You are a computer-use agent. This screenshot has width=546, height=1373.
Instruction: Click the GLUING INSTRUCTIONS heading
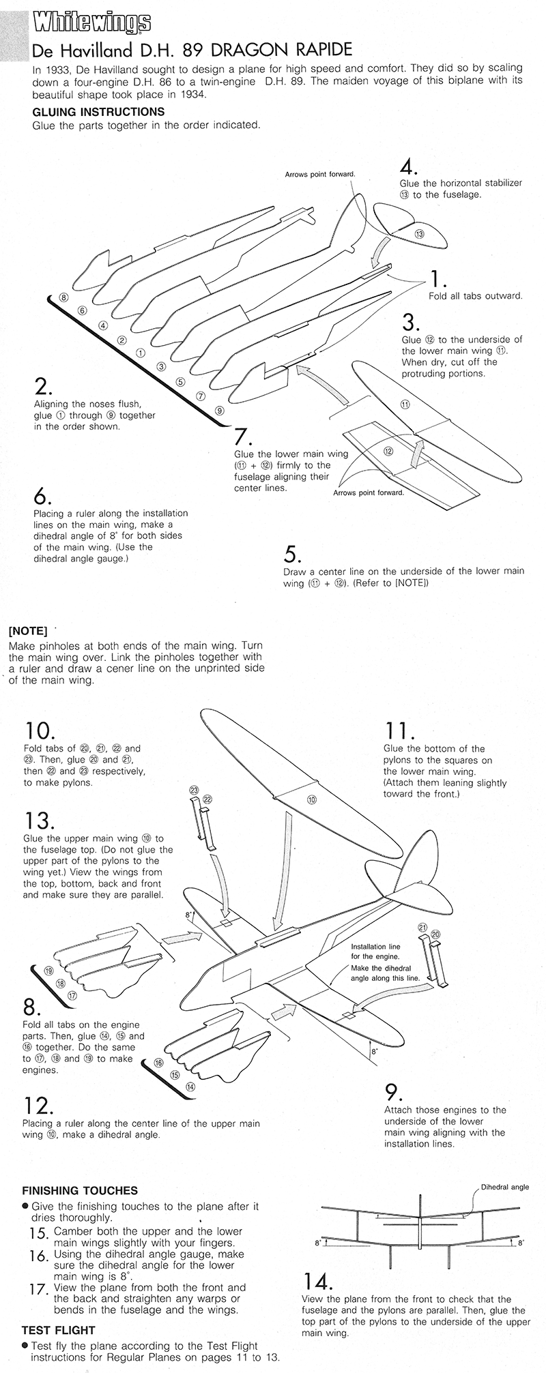[98, 112]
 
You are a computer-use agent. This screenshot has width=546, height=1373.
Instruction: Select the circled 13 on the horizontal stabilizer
[419, 234]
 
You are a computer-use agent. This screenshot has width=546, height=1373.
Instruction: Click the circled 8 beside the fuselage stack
[63, 297]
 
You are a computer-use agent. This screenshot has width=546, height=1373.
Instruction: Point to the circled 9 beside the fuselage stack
[218, 411]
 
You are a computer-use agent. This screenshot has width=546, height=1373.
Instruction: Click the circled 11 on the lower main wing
[404, 404]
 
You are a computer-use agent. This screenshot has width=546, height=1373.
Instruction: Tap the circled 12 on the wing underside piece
[388, 451]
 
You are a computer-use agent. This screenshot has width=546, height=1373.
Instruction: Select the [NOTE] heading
[27, 630]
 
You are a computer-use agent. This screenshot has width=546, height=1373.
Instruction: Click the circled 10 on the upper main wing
[311, 799]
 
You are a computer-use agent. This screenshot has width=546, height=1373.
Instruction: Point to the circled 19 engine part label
[48, 971]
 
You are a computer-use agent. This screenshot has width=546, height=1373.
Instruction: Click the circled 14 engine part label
[190, 1087]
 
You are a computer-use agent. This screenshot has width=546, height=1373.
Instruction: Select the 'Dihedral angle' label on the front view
[505, 1187]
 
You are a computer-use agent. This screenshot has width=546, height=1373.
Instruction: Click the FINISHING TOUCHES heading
[80, 1191]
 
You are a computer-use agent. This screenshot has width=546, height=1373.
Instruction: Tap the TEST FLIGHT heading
[59, 1330]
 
